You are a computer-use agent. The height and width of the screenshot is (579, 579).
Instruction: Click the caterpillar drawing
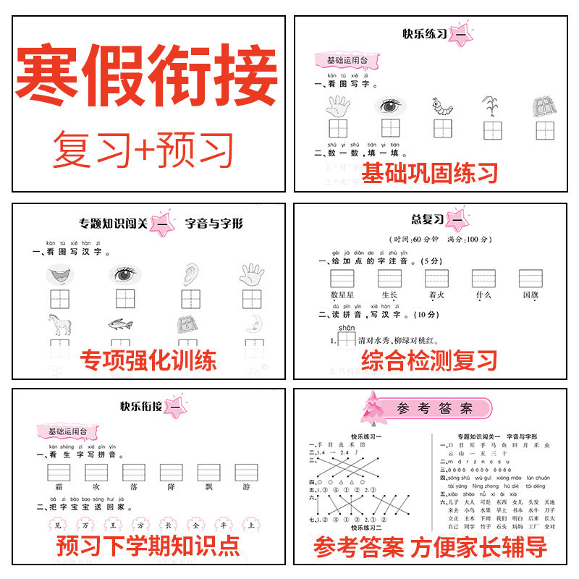click(441, 106)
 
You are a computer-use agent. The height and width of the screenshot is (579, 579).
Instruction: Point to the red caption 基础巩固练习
click(430, 173)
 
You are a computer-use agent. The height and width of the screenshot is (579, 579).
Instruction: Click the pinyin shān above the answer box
click(347, 327)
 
